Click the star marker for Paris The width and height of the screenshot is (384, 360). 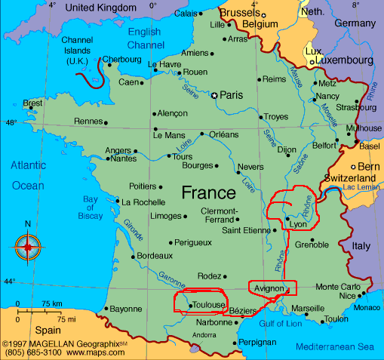[214, 95]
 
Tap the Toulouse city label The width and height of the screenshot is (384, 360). [206, 304]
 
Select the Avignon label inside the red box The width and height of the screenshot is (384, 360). [270, 288]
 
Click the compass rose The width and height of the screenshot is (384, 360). [28, 247]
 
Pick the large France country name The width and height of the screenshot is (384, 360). [214, 192]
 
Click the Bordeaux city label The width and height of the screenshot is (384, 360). [154, 256]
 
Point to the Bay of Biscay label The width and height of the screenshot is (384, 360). [91, 209]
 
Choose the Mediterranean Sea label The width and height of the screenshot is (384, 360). [334, 347]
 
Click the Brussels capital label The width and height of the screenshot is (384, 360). [240, 13]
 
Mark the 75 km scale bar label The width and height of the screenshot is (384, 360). [51, 303]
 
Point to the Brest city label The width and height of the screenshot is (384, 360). [32, 103]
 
